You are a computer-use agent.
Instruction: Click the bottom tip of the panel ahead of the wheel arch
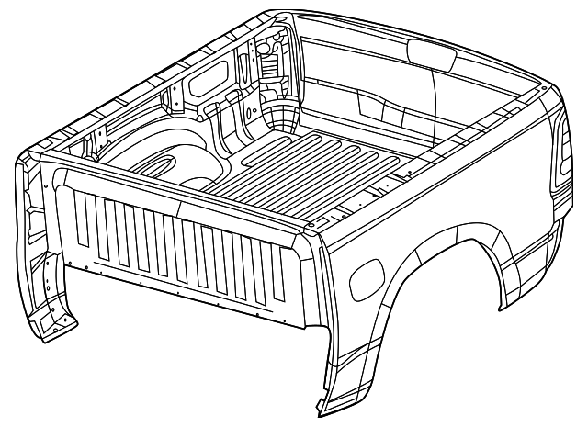[319, 404]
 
